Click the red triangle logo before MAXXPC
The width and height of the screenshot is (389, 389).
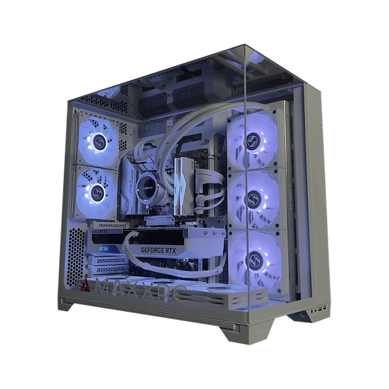pos(85,285)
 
